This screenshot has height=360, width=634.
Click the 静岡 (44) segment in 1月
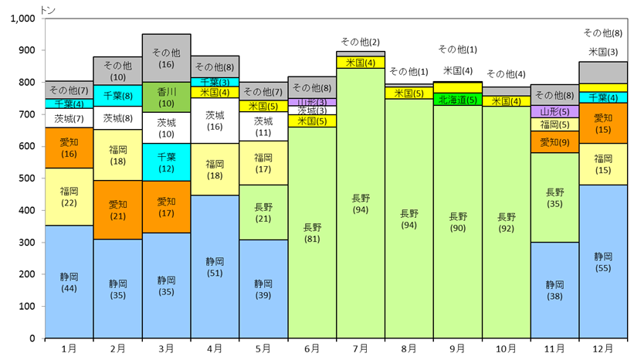[70, 281]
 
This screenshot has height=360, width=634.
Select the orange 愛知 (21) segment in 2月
[117, 210]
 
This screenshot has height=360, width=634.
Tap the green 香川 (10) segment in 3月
[166, 97]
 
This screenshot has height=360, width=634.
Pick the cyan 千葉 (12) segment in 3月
[166, 162]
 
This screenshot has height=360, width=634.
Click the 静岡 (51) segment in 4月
[215, 267]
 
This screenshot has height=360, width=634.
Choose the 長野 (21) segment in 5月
[263, 212]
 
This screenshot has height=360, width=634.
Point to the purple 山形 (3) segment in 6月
[312, 102]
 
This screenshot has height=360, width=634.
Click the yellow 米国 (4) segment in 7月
[361, 63]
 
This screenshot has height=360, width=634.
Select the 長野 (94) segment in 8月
[409, 219]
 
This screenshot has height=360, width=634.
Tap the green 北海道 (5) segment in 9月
[458, 100]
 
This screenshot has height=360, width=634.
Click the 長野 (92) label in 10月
[506, 223]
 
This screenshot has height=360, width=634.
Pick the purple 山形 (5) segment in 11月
[554, 111]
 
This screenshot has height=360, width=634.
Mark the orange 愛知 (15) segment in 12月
[603, 124]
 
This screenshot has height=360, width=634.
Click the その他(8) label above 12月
[603, 33]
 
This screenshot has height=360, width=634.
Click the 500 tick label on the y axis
[27, 178]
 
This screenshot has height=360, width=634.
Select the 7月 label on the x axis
[361, 348]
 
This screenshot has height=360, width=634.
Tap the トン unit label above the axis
[48, 10]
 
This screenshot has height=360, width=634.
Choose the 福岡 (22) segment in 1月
[70, 197]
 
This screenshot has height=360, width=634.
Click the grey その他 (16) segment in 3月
[166, 58]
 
